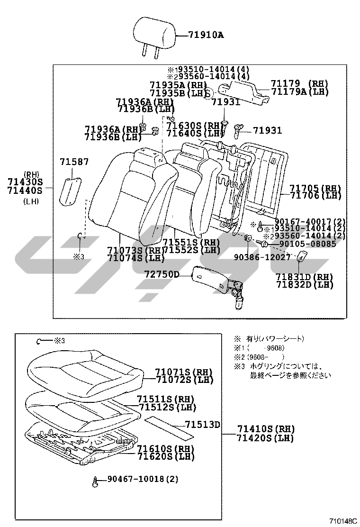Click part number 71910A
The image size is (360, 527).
point(205,35)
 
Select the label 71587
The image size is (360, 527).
point(74,162)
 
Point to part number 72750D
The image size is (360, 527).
point(162,274)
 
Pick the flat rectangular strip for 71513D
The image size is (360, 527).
point(169,426)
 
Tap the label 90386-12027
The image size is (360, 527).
point(261,257)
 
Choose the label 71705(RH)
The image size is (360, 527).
point(309,188)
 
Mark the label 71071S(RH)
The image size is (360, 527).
point(184,372)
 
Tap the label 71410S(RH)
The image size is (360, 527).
point(265,429)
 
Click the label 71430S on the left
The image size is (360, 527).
point(25,182)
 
